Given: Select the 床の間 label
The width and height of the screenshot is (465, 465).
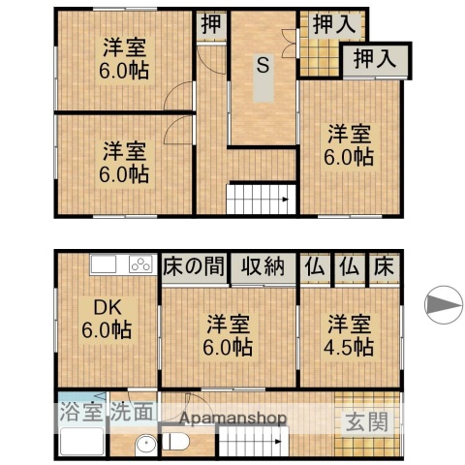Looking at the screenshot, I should point(193,265).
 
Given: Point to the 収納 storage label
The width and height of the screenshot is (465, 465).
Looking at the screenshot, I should point(262,265).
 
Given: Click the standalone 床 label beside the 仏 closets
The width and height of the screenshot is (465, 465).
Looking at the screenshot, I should point(384,265).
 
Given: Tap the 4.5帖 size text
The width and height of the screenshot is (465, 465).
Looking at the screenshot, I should point(350,346).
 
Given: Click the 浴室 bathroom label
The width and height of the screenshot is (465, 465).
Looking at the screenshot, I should point(81,410).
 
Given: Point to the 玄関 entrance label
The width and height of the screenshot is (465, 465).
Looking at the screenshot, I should point(366,421).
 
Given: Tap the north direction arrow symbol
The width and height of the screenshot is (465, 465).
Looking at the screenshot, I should point(443,305).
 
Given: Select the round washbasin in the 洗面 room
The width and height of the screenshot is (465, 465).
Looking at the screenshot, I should point(143,447).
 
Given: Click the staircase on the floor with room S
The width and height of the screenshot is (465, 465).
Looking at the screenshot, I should point(260,201).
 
